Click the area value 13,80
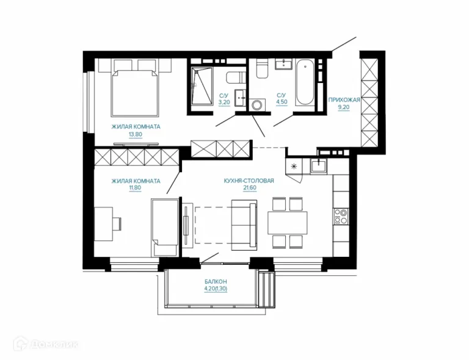pyautogui.click(x=136, y=134)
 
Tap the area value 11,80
pyautogui.click(x=135, y=188)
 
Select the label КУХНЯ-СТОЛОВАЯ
pyautogui.click(x=249, y=181)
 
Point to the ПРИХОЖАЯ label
pyautogui.click(x=344, y=100)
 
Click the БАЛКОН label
pyautogui.click(x=216, y=281)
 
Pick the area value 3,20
pyautogui.click(x=224, y=102)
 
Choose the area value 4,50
pyautogui.click(x=282, y=102)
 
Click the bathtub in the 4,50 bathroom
pyautogui.click(x=305, y=82)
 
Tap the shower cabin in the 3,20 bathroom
pyautogui.click(x=202, y=86)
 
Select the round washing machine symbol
pyautogui.click(x=257, y=105)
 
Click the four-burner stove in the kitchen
pyautogui.click(x=341, y=216)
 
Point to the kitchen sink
pyautogui.click(x=319, y=166)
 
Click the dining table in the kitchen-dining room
pyautogui.click(x=288, y=223)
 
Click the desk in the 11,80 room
pyautogui.click(x=103, y=224)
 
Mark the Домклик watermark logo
pyautogui.click(x=46, y=345)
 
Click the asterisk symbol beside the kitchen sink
pyautogui.click(x=294, y=166)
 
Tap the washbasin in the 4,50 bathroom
pyautogui.click(x=283, y=64)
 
